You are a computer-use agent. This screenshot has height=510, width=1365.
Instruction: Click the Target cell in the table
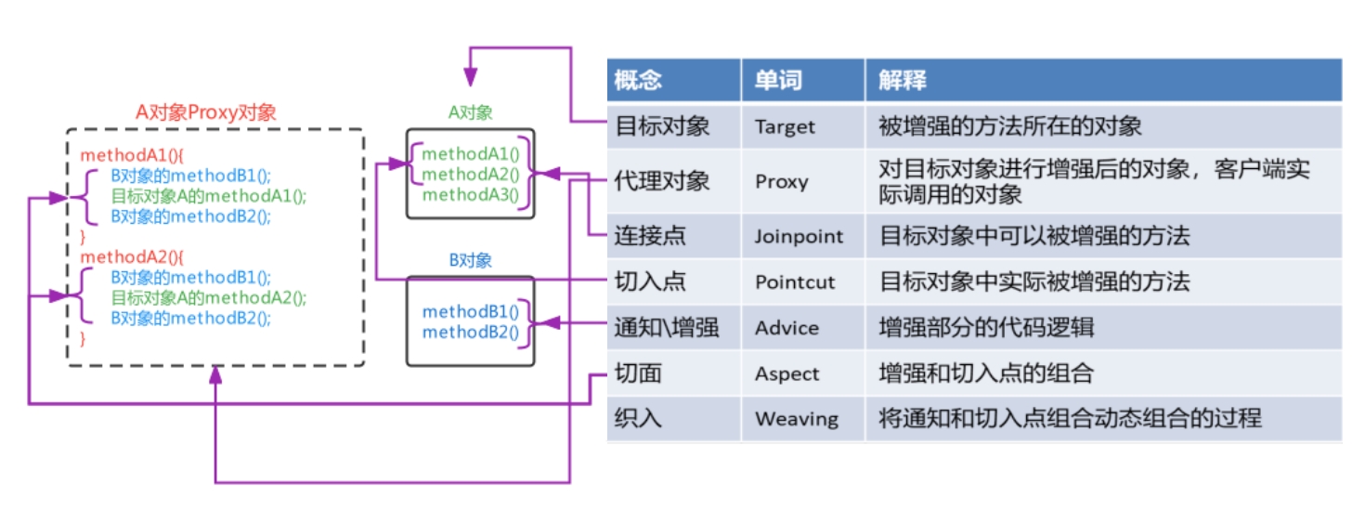785,126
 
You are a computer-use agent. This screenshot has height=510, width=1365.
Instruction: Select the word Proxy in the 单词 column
781,181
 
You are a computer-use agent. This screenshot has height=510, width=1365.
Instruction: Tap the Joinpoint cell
799,236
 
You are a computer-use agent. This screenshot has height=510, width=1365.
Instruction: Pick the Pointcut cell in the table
795,282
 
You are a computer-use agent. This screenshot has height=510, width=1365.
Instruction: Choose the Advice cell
786,328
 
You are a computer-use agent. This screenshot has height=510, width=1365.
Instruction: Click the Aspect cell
786,373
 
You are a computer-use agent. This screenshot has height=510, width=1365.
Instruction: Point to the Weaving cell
797,419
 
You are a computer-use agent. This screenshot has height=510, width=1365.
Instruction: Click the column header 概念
637,80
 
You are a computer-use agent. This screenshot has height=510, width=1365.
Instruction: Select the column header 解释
902,80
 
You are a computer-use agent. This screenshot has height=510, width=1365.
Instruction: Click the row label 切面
637,373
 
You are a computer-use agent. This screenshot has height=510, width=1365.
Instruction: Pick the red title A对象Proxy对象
206,112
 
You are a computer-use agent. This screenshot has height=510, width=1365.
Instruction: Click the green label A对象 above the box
471,112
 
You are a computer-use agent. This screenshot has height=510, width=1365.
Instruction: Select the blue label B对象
471,260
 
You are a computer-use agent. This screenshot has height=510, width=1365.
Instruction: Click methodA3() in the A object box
471,195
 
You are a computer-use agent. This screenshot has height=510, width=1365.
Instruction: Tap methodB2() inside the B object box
471,332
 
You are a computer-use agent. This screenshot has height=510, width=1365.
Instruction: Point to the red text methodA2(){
132,257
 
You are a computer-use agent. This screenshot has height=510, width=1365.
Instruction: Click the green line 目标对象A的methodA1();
208,196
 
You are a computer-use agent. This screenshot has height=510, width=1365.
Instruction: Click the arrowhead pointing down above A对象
470,76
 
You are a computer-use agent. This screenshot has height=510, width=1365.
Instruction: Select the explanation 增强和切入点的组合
986,373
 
